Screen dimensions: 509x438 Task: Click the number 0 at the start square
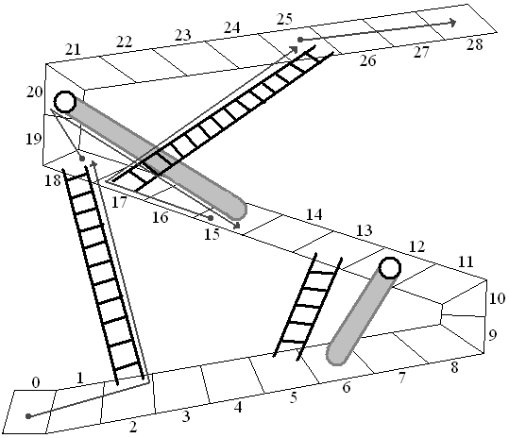36,383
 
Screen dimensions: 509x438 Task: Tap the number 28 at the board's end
475,44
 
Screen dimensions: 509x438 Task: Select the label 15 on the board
212,234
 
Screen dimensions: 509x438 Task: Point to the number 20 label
34,93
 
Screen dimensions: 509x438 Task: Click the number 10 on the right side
497,298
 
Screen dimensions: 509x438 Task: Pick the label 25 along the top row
284,20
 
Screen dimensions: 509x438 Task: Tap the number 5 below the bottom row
294,397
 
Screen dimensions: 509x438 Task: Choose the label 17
119,203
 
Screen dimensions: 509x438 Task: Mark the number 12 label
416,247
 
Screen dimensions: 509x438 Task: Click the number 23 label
183,35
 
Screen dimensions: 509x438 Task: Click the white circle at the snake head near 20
65,102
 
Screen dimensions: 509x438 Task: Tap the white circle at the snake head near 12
390,268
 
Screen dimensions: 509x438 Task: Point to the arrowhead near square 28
452,23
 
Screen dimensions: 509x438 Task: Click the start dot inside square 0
28,416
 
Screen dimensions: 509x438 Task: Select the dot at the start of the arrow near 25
300,40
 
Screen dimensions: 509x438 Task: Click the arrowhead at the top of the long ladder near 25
294,49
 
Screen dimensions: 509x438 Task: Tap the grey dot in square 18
82,159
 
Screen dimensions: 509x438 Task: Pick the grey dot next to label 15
211,218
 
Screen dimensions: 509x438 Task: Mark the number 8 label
454,368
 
